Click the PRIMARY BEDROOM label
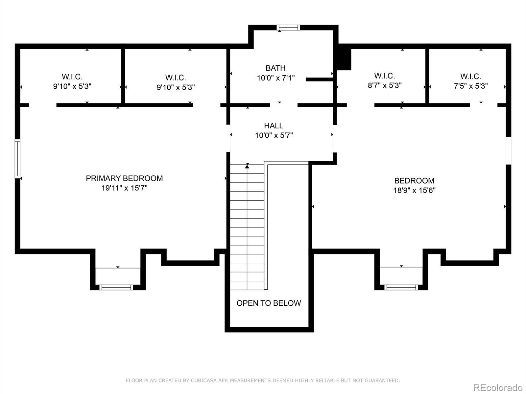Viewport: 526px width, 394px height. click(124, 178)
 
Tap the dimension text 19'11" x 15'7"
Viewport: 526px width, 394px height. click(124, 188)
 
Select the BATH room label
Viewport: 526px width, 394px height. click(275, 68)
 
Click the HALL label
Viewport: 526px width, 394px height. click(274, 125)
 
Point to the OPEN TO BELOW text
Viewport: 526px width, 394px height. click(269, 303)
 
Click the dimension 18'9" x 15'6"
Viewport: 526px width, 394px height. click(414, 190)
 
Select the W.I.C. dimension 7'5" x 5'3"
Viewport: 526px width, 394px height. click(471, 86)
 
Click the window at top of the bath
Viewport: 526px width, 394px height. click(288, 28)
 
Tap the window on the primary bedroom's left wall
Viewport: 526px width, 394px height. click(17, 159)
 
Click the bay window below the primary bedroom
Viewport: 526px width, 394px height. click(116, 287)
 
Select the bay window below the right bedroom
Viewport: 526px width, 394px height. click(401, 287)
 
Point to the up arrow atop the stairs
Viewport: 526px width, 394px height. click(247, 166)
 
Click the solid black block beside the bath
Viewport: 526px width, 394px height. click(344, 59)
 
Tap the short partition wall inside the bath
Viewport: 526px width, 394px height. click(319, 79)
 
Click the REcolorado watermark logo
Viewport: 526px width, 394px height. click(497, 387)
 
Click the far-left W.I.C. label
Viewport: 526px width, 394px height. click(72, 77)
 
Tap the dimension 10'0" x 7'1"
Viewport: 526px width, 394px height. click(275, 78)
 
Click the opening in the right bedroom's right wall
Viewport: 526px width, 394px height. click(508, 150)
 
